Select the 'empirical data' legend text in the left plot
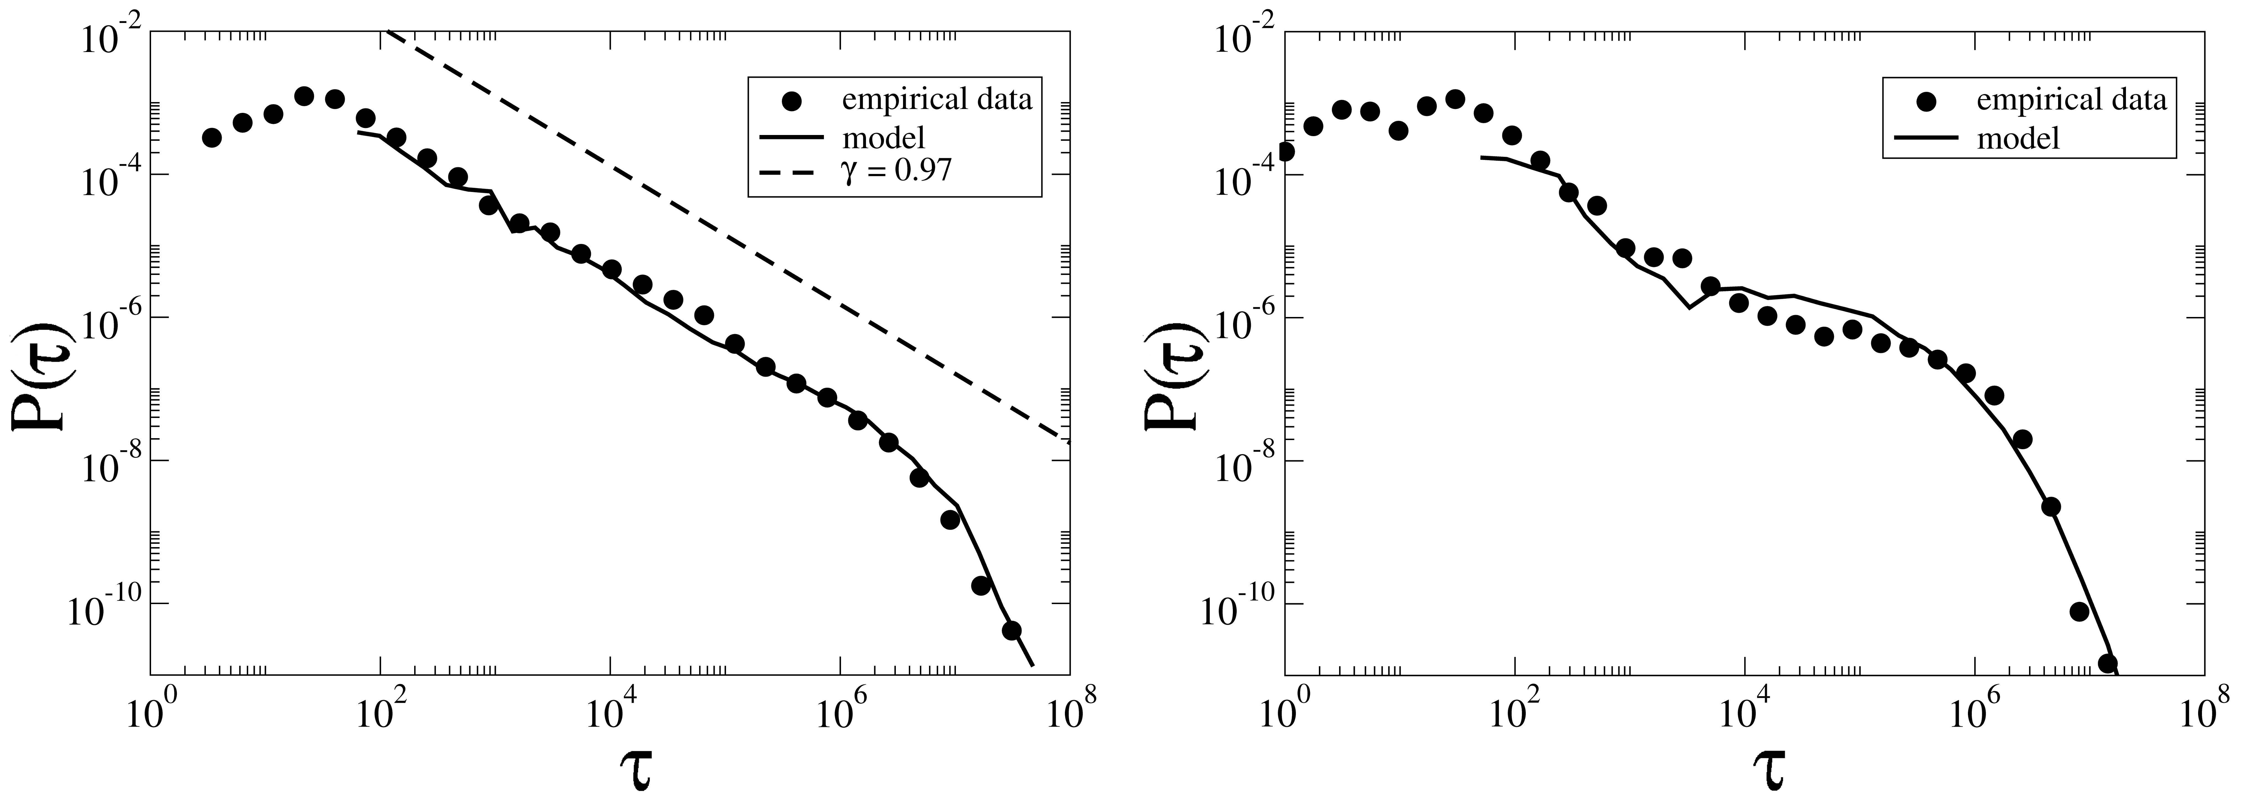936,100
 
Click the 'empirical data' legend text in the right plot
2071,100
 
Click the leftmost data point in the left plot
211,137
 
